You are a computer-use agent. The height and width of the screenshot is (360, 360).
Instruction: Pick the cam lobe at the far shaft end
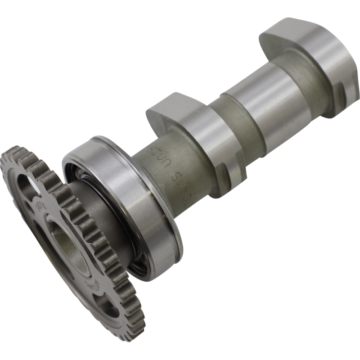point(310,58)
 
